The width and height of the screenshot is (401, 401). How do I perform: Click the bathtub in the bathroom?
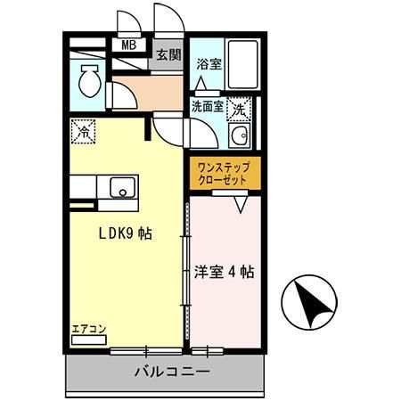pos(241,65)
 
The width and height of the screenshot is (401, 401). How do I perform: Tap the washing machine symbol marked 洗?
pos(240,110)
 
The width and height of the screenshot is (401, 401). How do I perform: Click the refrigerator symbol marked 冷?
pos(83,130)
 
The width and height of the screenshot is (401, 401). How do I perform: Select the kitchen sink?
pos(119,188)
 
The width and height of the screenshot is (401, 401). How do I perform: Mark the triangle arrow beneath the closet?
pos(241,203)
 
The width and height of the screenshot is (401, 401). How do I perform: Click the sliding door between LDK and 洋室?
pos(187,267)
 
